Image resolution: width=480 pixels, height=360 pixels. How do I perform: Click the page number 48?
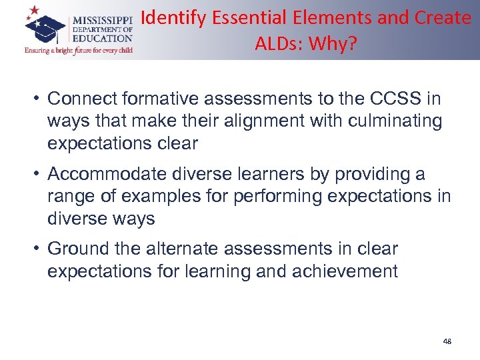click(447, 341)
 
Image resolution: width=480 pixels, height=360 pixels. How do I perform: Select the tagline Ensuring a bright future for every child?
click(78, 50)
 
